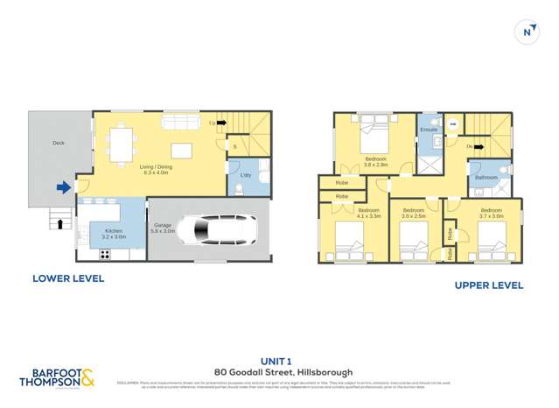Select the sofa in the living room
point(180,120)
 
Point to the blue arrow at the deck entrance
point(64,186)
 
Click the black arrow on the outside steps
point(59,223)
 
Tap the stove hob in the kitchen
point(106,254)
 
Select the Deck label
point(58,143)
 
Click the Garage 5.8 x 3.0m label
point(164,228)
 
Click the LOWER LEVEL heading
point(67,278)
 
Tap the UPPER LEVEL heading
point(488,285)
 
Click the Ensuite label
point(428,130)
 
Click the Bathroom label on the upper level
point(486,178)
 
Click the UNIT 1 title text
point(279,360)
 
